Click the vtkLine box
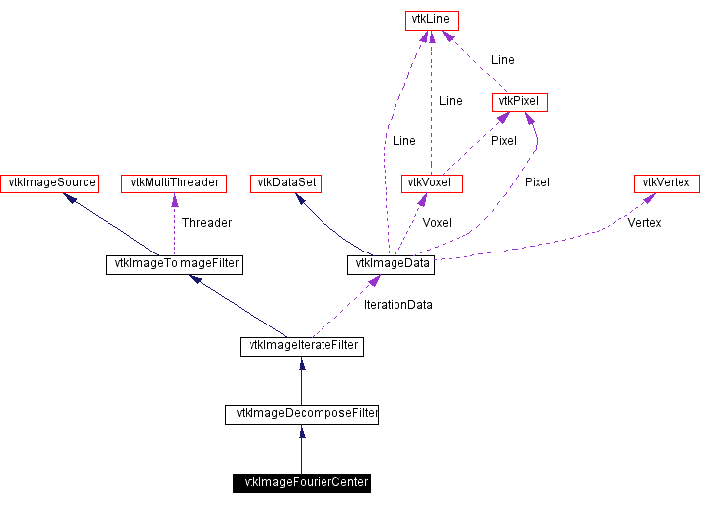pos(432,20)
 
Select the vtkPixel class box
pos(520,102)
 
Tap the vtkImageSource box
pos(49,182)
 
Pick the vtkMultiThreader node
pos(174,182)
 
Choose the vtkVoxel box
pos(432,182)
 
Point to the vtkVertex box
pos(667,182)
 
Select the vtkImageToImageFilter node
pos(174,264)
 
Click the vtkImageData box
pos(390,264)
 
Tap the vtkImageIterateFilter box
pos(301,346)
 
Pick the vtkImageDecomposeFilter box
pos(301,414)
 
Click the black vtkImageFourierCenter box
pos(301,483)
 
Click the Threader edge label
pos(206,223)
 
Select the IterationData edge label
pos(397,305)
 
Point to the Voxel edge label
pos(437,223)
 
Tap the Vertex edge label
pos(644,223)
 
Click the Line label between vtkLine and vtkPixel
pos(502,60)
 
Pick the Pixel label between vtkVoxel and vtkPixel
pos(503,141)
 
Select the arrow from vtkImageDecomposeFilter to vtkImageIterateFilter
pos(301,381)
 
